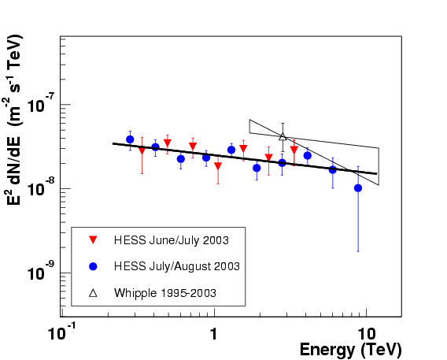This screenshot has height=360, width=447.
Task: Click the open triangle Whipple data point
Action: tap(283, 136)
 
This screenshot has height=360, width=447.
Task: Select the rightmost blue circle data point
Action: tap(358, 188)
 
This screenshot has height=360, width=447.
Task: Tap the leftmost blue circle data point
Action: tap(130, 139)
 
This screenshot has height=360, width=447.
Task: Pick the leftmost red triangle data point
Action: tap(142, 150)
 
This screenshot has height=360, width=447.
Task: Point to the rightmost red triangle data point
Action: tap(294, 150)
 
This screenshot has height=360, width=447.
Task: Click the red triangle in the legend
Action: tap(93, 240)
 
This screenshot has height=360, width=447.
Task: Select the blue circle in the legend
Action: tap(93, 266)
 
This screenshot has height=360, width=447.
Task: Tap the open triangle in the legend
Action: tap(93, 293)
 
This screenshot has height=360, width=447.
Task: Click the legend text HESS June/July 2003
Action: tap(172, 240)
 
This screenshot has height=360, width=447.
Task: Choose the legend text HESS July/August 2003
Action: tap(177, 266)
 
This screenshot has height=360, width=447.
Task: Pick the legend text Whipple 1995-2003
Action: tap(165, 293)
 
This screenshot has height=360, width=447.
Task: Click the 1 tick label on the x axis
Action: tap(214, 333)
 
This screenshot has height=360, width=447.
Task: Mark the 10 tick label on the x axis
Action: tap(367, 333)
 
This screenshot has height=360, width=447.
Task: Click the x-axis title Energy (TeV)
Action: tap(351, 350)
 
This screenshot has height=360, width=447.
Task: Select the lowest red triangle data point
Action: tap(218, 165)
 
